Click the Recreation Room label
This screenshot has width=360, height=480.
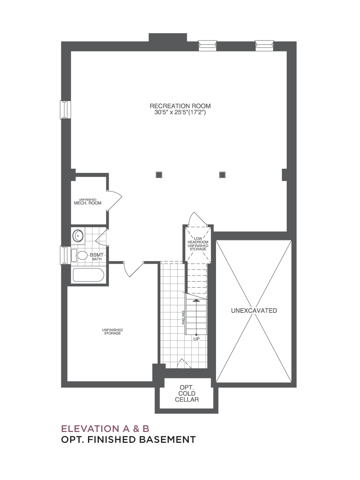[x=180, y=106]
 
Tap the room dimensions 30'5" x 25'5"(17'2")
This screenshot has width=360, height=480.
[x=180, y=113]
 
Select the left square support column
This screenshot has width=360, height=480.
[x=159, y=175]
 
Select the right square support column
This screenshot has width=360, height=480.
[x=222, y=175]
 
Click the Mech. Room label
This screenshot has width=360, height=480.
[x=88, y=202]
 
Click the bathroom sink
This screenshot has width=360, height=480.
[x=78, y=236]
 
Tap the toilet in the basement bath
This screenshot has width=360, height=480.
[x=80, y=255]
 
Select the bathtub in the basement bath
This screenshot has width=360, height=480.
[x=88, y=275]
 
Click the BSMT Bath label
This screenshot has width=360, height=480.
[x=97, y=257]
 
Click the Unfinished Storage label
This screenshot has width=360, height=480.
[x=112, y=332]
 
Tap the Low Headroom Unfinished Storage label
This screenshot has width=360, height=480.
[x=198, y=244]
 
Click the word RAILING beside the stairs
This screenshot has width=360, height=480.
[x=183, y=317]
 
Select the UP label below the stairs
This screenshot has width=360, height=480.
[x=196, y=339]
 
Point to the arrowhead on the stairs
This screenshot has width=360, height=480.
[x=196, y=301]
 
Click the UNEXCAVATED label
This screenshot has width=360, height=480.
[x=254, y=310]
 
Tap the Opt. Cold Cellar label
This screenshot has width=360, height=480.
[x=187, y=394]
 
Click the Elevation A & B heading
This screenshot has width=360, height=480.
[x=105, y=429]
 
